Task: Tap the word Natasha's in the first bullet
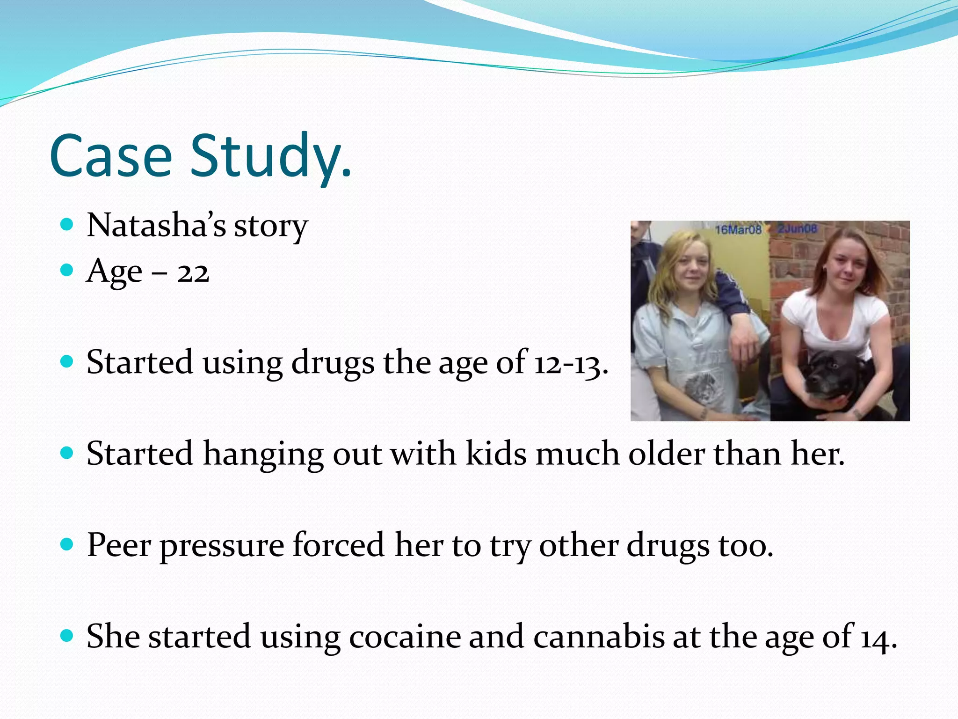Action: coord(156,225)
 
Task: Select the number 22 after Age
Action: coord(193,272)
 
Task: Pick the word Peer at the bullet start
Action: coord(119,545)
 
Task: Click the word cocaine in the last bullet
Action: coord(405,637)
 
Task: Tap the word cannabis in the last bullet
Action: coord(599,637)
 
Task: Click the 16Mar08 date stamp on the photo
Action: coord(738,229)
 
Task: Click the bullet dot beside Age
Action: coord(67,270)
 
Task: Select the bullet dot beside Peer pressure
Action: coord(67,545)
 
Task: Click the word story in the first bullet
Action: coord(270,226)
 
